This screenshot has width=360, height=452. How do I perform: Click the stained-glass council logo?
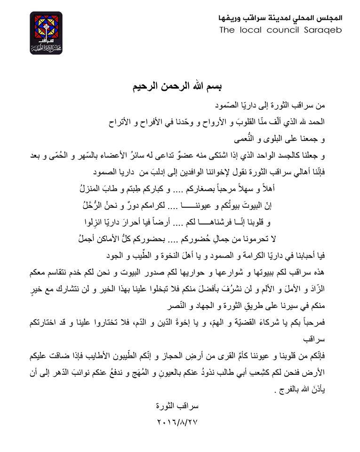tap(46, 32)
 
